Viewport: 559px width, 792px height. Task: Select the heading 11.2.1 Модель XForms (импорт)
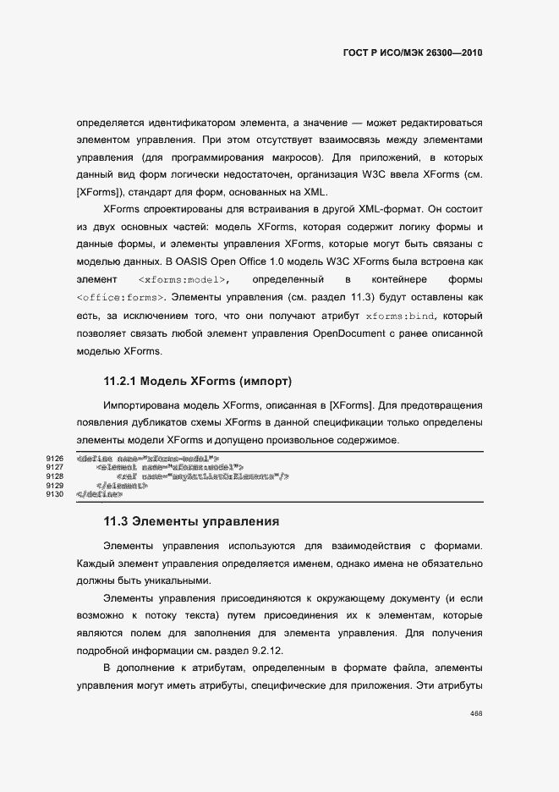coord(197,381)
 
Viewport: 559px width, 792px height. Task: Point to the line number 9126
coord(55,458)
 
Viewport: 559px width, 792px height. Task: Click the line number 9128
coord(55,476)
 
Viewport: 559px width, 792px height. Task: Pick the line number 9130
coord(55,494)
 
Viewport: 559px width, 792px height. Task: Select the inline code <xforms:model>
coord(184,279)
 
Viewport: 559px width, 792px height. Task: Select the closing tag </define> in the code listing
coord(94,494)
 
